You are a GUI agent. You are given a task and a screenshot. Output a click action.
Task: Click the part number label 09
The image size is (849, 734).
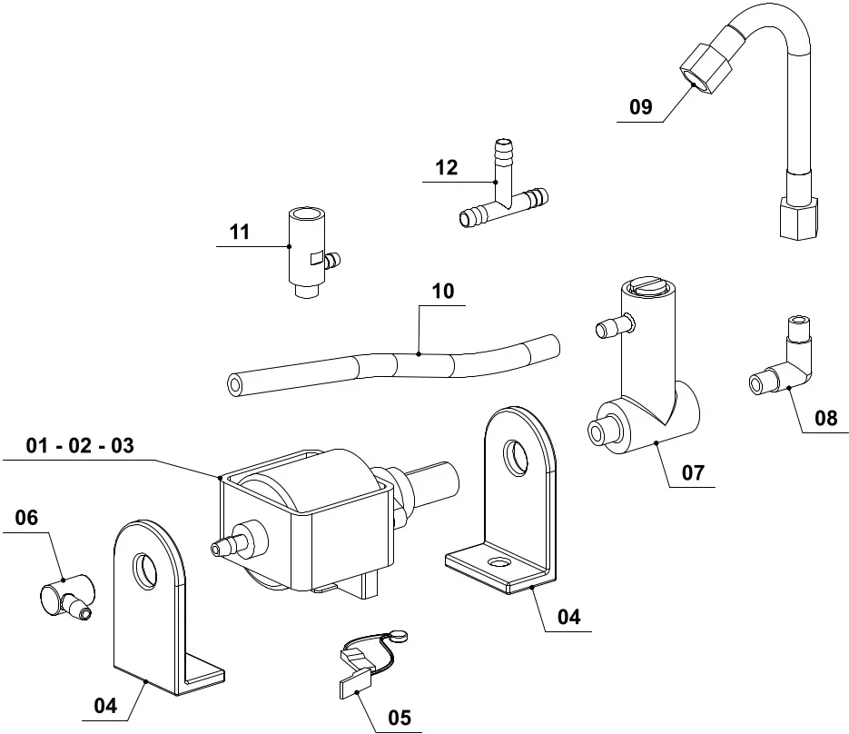[641, 107]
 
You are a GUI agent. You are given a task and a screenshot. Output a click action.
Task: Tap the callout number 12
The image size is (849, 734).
[446, 168]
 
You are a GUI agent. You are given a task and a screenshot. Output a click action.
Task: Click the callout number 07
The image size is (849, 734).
[693, 472]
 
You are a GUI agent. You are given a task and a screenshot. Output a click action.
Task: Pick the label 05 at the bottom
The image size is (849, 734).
[400, 717]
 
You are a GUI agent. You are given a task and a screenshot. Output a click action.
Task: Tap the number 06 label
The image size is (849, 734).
[27, 519]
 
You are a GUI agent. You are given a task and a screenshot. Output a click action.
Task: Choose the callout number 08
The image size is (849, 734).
[826, 419]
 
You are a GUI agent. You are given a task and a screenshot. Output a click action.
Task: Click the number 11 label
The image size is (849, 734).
[239, 233]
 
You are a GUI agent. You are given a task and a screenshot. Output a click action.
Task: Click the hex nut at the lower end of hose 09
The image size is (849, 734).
[800, 219]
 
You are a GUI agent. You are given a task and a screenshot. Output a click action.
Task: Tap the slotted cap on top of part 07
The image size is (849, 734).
[647, 290]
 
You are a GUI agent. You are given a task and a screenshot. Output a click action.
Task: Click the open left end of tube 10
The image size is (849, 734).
[235, 385]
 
